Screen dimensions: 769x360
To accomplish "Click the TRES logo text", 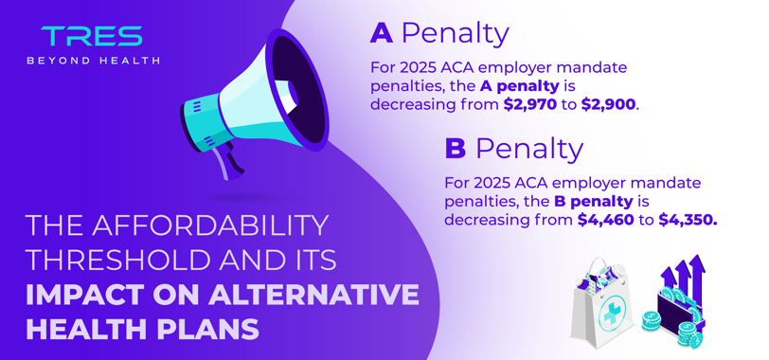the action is point(92,36).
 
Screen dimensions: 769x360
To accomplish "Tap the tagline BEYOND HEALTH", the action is point(93,61).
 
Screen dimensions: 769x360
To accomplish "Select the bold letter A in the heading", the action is point(381,34).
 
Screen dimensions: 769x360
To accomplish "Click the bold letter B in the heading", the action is point(456,149).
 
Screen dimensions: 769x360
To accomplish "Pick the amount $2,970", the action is point(530,105).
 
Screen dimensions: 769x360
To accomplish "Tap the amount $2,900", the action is point(609,105).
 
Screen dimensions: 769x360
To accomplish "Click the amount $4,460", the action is point(606,220).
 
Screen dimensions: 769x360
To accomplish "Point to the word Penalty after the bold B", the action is point(529,149).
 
